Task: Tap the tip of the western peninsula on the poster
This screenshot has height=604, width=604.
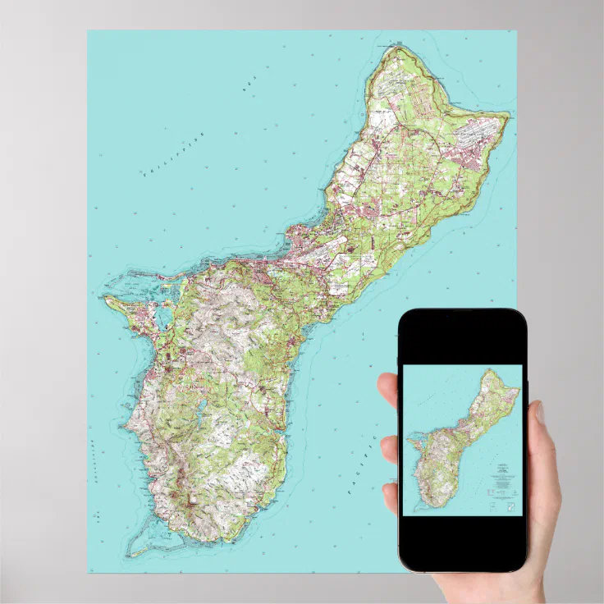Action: pos(105,298)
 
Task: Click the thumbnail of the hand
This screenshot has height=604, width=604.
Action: pos(541,413)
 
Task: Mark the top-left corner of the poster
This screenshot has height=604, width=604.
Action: pos(89,31)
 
